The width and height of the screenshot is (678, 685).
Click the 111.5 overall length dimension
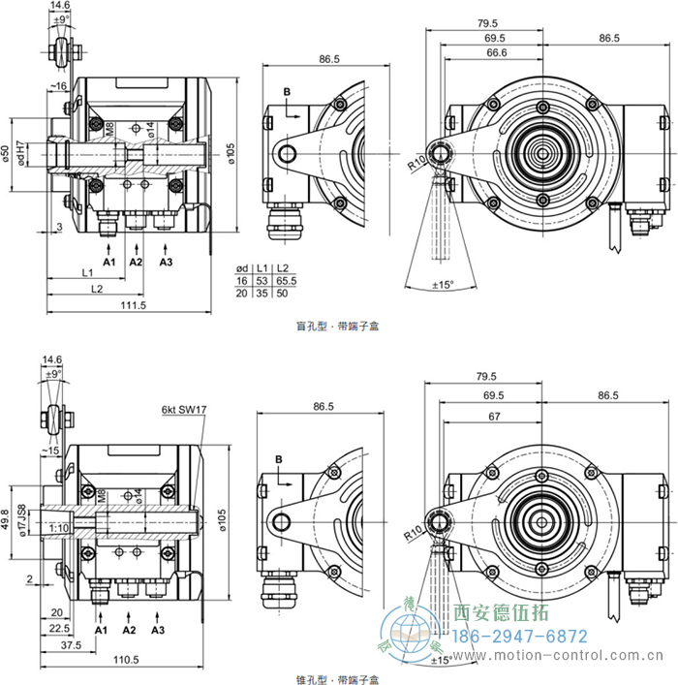click(x=133, y=306)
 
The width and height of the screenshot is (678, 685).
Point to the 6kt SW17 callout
click(x=184, y=409)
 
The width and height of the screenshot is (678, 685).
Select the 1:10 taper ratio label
click(x=57, y=527)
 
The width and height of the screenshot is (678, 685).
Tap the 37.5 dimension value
click(x=69, y=643)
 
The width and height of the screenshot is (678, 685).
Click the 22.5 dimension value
click(x=56, y=627)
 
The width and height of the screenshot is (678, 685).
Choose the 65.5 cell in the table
click(x=284, y=279)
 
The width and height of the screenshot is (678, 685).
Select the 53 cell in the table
click(x=262, y=279)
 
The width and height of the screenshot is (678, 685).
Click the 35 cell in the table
click(x=262, y=292)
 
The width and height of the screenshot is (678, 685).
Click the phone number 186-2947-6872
click(x=521, y=637)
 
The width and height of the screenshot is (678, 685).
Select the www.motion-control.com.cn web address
click(x=567, y=657)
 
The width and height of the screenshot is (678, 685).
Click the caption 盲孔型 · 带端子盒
click(x=338, y=327)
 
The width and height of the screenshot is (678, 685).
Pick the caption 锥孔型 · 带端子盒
click(x=338, y=679)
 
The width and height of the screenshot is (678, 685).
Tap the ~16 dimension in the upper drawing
click(x=59, y=86)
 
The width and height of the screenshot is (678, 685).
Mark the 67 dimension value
click(x=494, y=415)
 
